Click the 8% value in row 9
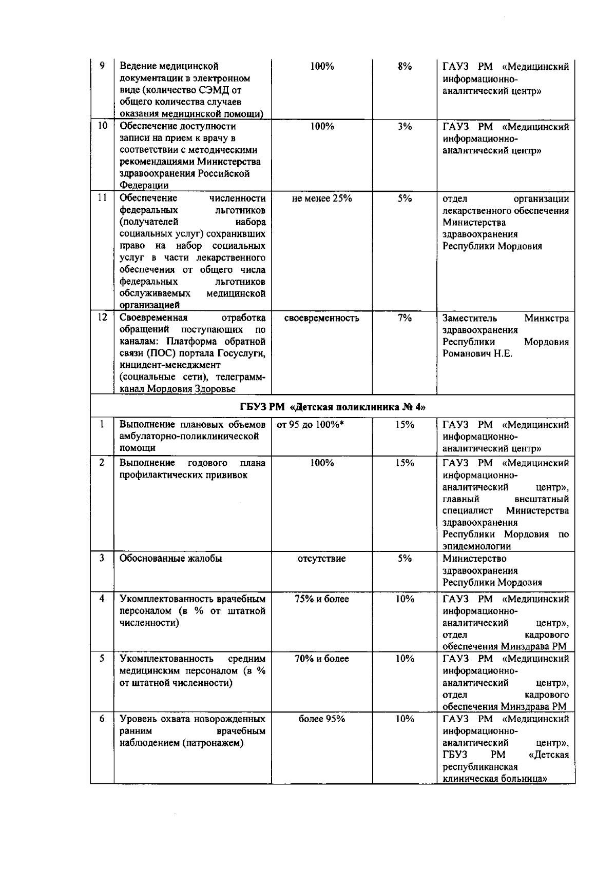pos(405,66)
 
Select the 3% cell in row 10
pos(405,126)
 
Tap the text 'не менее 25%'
pos(322,199)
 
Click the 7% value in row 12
pos(405,318)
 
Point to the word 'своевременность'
pos(322,318)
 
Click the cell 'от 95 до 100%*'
pos(310,425)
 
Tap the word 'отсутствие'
pos(322,559)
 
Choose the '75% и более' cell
pos(322,599)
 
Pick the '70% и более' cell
pos(322,659)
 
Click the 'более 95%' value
pos(322,719)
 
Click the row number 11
pos(102,198)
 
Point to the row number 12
pos(102,318)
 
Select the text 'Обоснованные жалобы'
pos(170,559)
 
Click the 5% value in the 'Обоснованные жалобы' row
pos(405,559)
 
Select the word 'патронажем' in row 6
pos(216,743)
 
